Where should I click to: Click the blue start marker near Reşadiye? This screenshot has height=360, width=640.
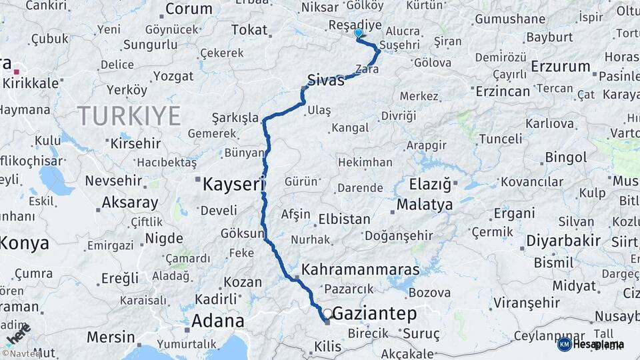(x=359, y=33)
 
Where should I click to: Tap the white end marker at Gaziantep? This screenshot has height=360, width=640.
(x=327, y=313)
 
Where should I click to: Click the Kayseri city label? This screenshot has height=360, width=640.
(x=234, y=183)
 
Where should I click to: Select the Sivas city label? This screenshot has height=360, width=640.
(x=326, y=80)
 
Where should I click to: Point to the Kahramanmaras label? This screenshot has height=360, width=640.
(x=361, y=270)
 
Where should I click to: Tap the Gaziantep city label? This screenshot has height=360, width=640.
(x=374, y=313)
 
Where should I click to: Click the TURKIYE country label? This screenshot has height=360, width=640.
(x=129, y=116)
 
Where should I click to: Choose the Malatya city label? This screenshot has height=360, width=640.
(x=424, y=204)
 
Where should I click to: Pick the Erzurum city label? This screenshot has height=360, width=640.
(x=561, y=67)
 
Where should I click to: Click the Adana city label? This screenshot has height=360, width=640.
(x=217, y=321)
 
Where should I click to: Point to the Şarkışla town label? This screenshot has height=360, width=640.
(x=235, y=118)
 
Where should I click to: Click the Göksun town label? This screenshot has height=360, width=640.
(x=241, y=234)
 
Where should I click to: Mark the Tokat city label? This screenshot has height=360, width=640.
(x=249, y=30)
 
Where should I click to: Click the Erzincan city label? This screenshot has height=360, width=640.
(x=503, y=91)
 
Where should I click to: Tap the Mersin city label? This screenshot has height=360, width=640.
(x=111, y=336)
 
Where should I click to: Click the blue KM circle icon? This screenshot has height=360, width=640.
(x=564, y=344)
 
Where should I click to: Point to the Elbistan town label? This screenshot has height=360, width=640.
(x=344, y=219)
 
